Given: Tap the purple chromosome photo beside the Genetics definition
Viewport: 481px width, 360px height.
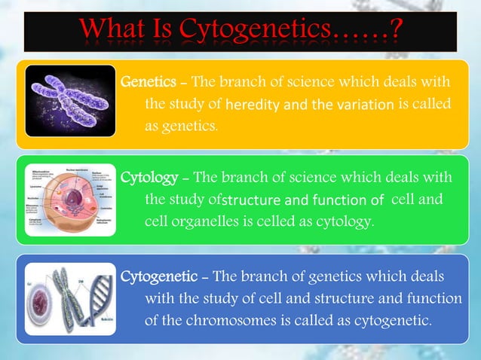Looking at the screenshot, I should click(x=69, y=100).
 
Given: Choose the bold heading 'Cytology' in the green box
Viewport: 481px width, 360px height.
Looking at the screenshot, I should click(x=149, y=178).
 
